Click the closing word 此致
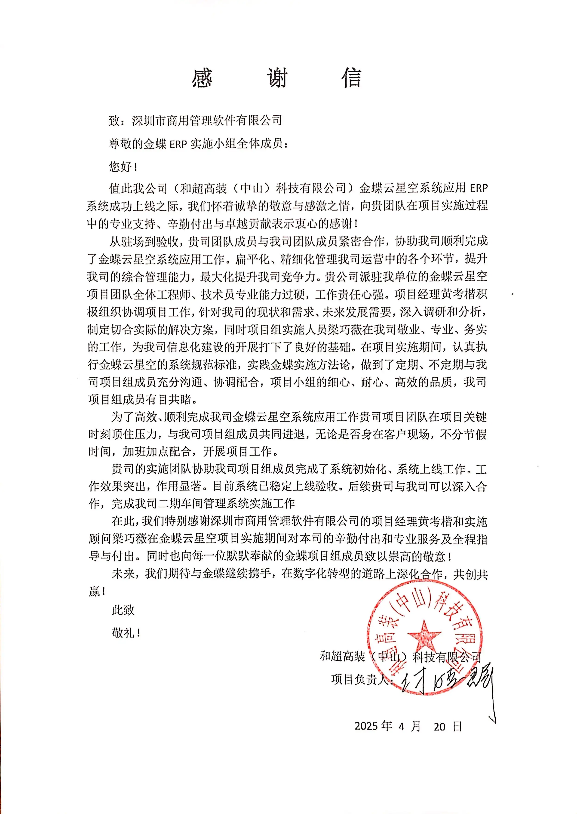[123, 610]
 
